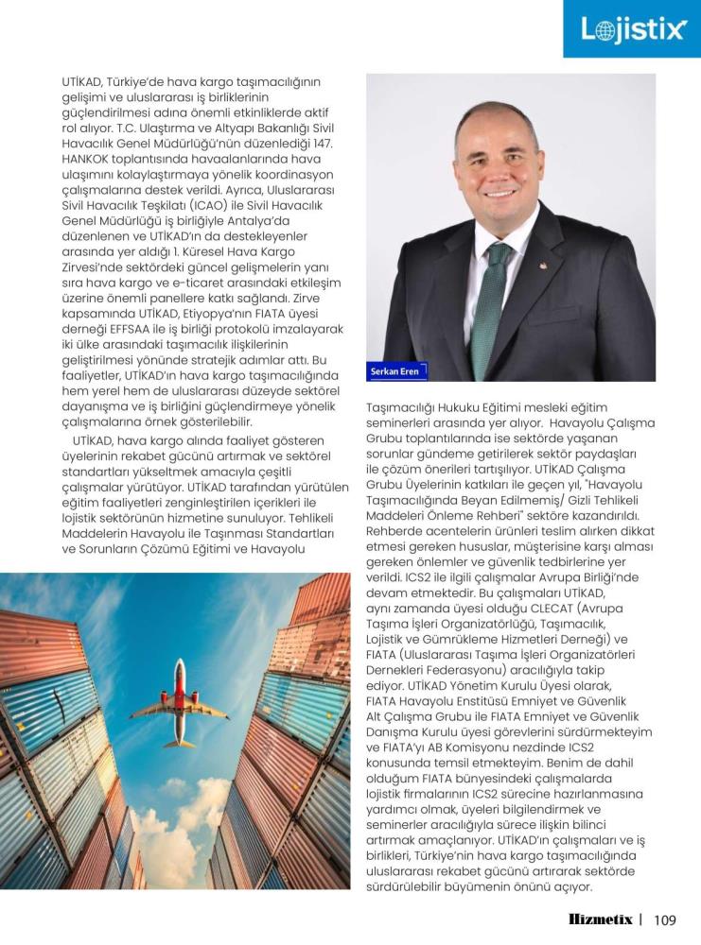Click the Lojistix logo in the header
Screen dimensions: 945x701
pyautogui.click(x=632, y=29)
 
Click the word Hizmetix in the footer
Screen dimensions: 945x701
pyautogui.click(x=601, y=918)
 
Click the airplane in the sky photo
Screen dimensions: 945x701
pyautogui.click(x=179, y=703)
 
